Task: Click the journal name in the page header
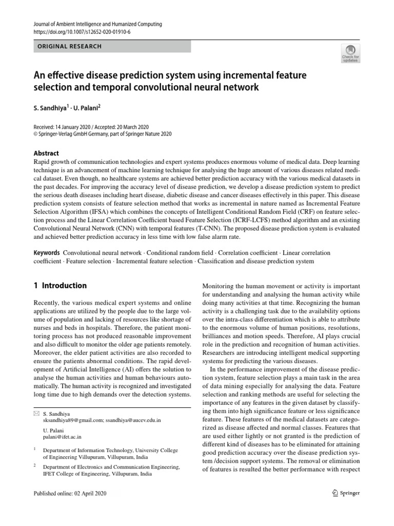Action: (97, 24)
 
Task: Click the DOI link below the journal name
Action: (82, 31)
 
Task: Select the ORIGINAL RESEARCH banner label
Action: (69, 46)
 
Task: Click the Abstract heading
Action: (46, 153)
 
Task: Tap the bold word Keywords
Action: (46, 253)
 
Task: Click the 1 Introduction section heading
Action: (60, 286)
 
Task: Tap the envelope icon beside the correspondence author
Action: (36, 413)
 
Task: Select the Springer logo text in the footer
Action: (348, 493)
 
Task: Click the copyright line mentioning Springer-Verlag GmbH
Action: (103, 134)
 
